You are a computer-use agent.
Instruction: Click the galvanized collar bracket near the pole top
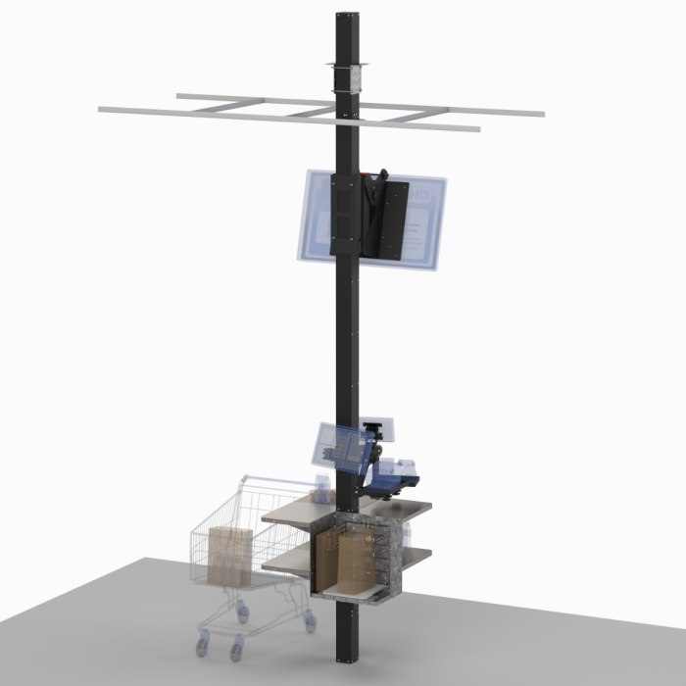(x=349, y=77)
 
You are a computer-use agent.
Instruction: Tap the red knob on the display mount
(x=368, y=176)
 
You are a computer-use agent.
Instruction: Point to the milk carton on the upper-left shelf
(x=322, y=486)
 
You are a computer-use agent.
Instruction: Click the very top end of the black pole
(x=349, y=15)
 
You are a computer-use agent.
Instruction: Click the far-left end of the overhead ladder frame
(x=104, y=112)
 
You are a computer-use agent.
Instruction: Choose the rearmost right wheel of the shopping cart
(x=311, y=621)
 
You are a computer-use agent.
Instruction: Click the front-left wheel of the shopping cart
(x=204, y=643)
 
